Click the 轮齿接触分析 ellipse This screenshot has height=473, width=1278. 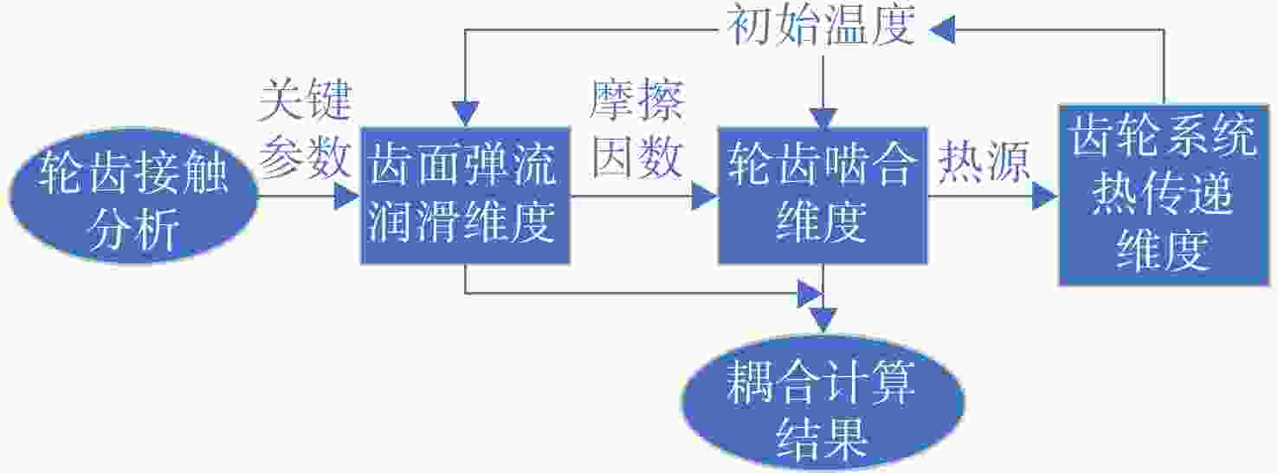pos(133,197)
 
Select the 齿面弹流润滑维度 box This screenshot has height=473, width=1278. pos(465,196)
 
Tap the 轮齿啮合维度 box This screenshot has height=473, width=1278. pos(823,196)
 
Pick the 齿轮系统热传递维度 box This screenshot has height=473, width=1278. pos(1164,195)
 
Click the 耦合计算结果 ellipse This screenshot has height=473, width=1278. pos(823,403)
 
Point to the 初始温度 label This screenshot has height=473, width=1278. pos(823,26)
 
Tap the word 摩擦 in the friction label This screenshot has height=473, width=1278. pos(636,101)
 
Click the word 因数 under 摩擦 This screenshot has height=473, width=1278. pos(636,157)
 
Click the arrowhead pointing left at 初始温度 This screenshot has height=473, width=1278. pos(942,29)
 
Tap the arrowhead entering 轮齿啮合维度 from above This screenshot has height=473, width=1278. pos(823,119)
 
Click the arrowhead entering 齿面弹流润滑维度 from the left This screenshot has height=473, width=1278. pos(346,197)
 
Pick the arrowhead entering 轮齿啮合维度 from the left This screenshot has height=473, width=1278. pos(704,197)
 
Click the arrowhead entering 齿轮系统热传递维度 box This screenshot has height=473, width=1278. pos(1045,197)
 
